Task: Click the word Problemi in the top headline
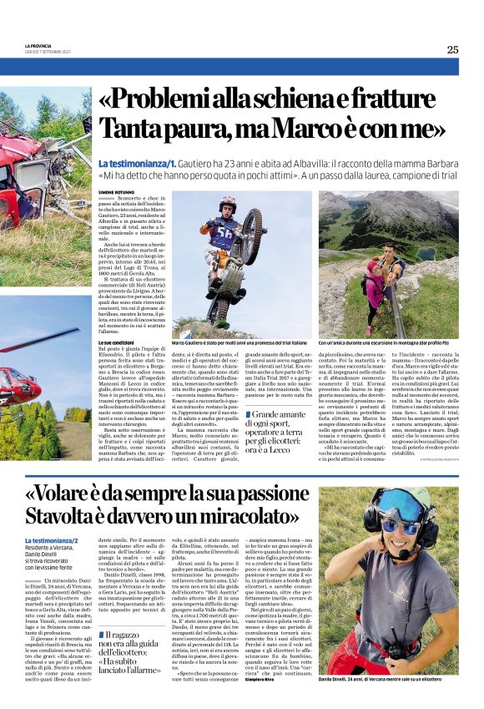tap(166, 102)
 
